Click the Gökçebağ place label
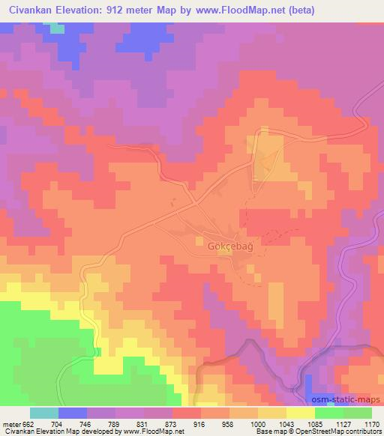click(x=224, y=243)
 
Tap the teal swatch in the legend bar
click(x=44, y=413)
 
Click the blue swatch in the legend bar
click(x=73, y=413)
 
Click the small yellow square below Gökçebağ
click(x=223, y=252)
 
